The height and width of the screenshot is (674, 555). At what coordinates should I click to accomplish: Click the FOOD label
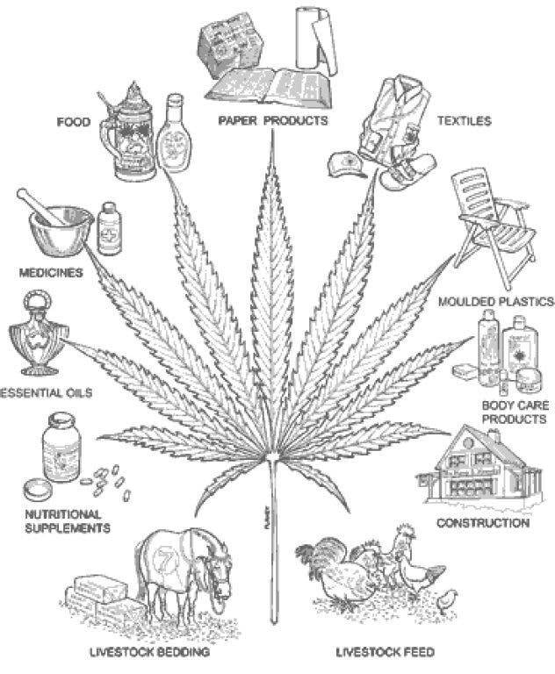pyautogui.click(x=74, y=122)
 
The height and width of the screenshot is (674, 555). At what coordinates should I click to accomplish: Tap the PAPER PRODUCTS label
pyautogui.click(x=273, y=121)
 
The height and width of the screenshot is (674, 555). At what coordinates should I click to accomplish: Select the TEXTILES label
pyautogui.click(x=465, y=121)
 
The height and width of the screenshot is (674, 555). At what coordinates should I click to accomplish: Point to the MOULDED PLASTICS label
pyautogui.click(x=496, y=302)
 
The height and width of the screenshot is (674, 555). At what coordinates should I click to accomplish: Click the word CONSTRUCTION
pyautogui.click(x=483, y=523)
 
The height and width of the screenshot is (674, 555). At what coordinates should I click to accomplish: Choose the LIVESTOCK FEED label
pyautogui.click(x=385, y=652)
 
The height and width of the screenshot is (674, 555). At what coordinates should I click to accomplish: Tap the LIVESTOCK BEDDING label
pyautogui.click(x=149, y=652)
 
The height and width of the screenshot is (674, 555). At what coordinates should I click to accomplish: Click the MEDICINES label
pyautogui.click(x=51, y=273)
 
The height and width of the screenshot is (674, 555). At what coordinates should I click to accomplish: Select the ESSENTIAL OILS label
pyautogui.click(x=46, y=392)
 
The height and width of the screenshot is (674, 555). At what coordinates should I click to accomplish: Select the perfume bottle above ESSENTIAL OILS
pyautogui.click(x=38, y=335)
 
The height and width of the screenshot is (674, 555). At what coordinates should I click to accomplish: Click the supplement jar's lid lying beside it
pyautogui.click(x=38, y=489)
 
